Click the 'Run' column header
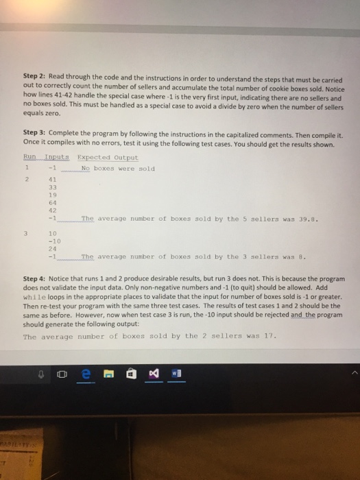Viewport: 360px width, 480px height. tap(28, 157)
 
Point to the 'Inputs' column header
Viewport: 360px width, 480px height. tap(52, 157)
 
